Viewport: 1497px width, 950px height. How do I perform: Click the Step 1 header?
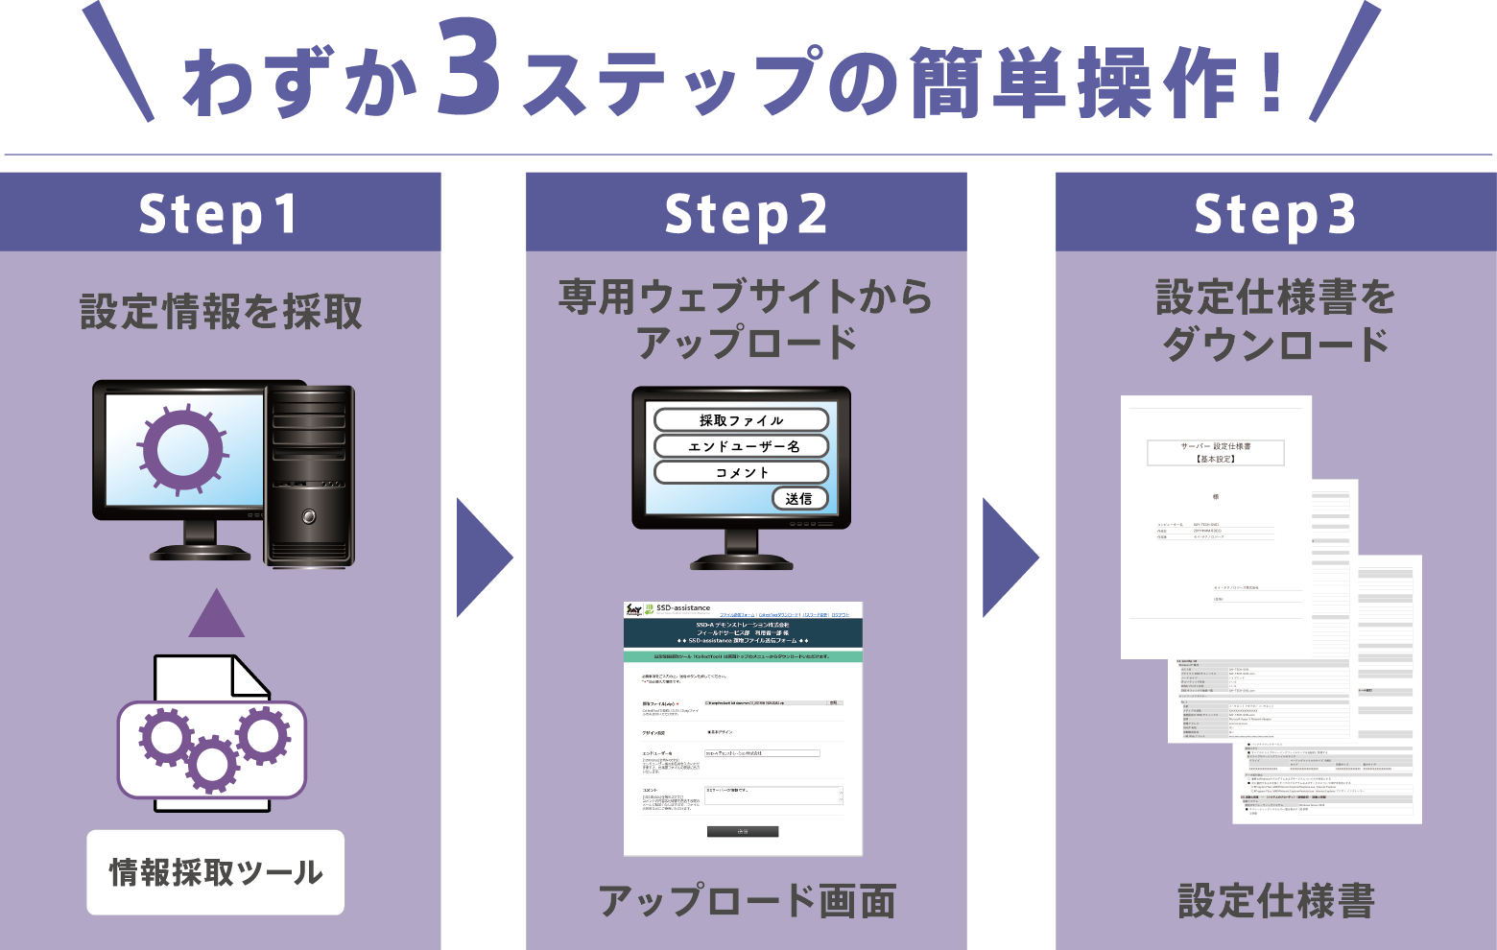(x=220, y=213)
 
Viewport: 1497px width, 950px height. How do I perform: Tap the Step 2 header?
(x=746, y=213)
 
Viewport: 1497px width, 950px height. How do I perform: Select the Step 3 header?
(x=1275, y=213)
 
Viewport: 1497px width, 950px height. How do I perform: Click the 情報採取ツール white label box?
(x=216, y=872)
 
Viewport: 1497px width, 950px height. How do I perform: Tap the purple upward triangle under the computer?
(x=217, y=615)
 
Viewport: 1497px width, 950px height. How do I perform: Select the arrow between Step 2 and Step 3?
(x=1010, y=558)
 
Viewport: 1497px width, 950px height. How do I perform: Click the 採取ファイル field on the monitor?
(x=741, y=420)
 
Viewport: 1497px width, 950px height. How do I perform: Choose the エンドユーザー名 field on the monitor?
(x=741, y=446)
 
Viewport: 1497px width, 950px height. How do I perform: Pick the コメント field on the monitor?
(x=741, y=472)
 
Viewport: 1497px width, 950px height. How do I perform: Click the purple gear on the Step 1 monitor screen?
(x=182, y=449)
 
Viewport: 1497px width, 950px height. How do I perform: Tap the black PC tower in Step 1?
(x=309, y=475)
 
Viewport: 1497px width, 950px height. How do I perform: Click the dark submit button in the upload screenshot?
(x=743, y=832)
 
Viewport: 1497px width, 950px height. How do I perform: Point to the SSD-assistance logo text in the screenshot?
(x=683, y=608)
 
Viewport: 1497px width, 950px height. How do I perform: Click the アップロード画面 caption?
(x=747, y=902)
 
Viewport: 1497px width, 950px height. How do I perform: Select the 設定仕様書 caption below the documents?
(x=1276, y=902)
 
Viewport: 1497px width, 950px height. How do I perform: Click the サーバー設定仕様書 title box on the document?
(x=1215, y=452)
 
